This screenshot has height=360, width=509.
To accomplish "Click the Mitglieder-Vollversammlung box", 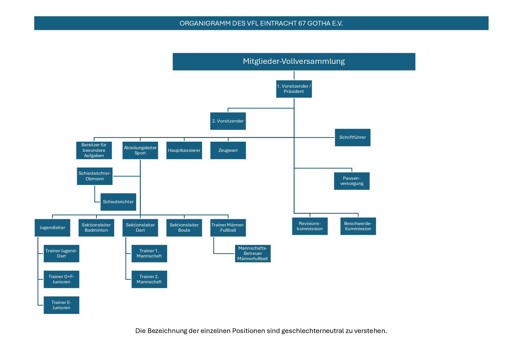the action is pyautogui.click(x=294, y=62).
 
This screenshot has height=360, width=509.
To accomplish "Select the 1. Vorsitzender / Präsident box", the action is pyautogui.click(x=294, y=89).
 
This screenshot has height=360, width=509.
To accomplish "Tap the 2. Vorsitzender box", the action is pyautogui.click(x=228, y=121).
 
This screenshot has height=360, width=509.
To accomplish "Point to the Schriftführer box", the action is pyautogui.click(x=353, y=137).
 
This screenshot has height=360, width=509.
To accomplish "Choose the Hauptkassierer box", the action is pyautogui.click(x=184, y=150).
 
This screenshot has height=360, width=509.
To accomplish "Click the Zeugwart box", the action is pyautogui.click(x=228, y=150).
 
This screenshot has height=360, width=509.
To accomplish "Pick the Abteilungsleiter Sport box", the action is pyautogui.click(x=140, y=150).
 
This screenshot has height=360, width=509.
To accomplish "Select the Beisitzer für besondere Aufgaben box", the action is pyautogui.click(x=94, y=150).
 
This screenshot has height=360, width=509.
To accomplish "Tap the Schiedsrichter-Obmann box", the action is pyautogui.click(x=95, y=176).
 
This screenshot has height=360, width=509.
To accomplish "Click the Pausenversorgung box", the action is pyautogui.click(x=352, y=181).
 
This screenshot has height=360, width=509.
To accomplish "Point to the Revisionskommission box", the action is pyautogui.click(x=310, y=226).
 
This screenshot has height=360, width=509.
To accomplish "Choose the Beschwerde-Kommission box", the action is pyautogui.click(x=358, y=226).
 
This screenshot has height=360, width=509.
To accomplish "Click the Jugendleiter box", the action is pyautogui.click(x=53, y=228).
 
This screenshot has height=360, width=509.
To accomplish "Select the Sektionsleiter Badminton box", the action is pyautogui.click(x=96, y=228).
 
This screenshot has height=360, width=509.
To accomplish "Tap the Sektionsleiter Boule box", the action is pyautogui.click(x=184, y=228).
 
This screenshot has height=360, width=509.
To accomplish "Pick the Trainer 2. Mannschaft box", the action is pyautogui.click(x=149, y=279).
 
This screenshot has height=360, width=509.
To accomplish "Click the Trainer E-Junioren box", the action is pyautogui.click(x=62, y=305).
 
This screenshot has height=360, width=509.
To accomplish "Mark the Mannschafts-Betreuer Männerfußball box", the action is pyautogui.click(x=253, y=253).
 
